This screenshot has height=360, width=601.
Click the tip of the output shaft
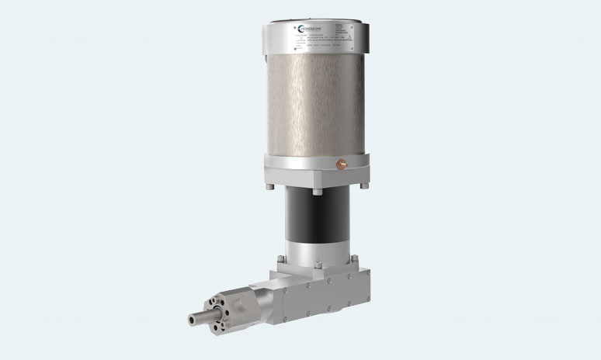(x=191, y=318)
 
